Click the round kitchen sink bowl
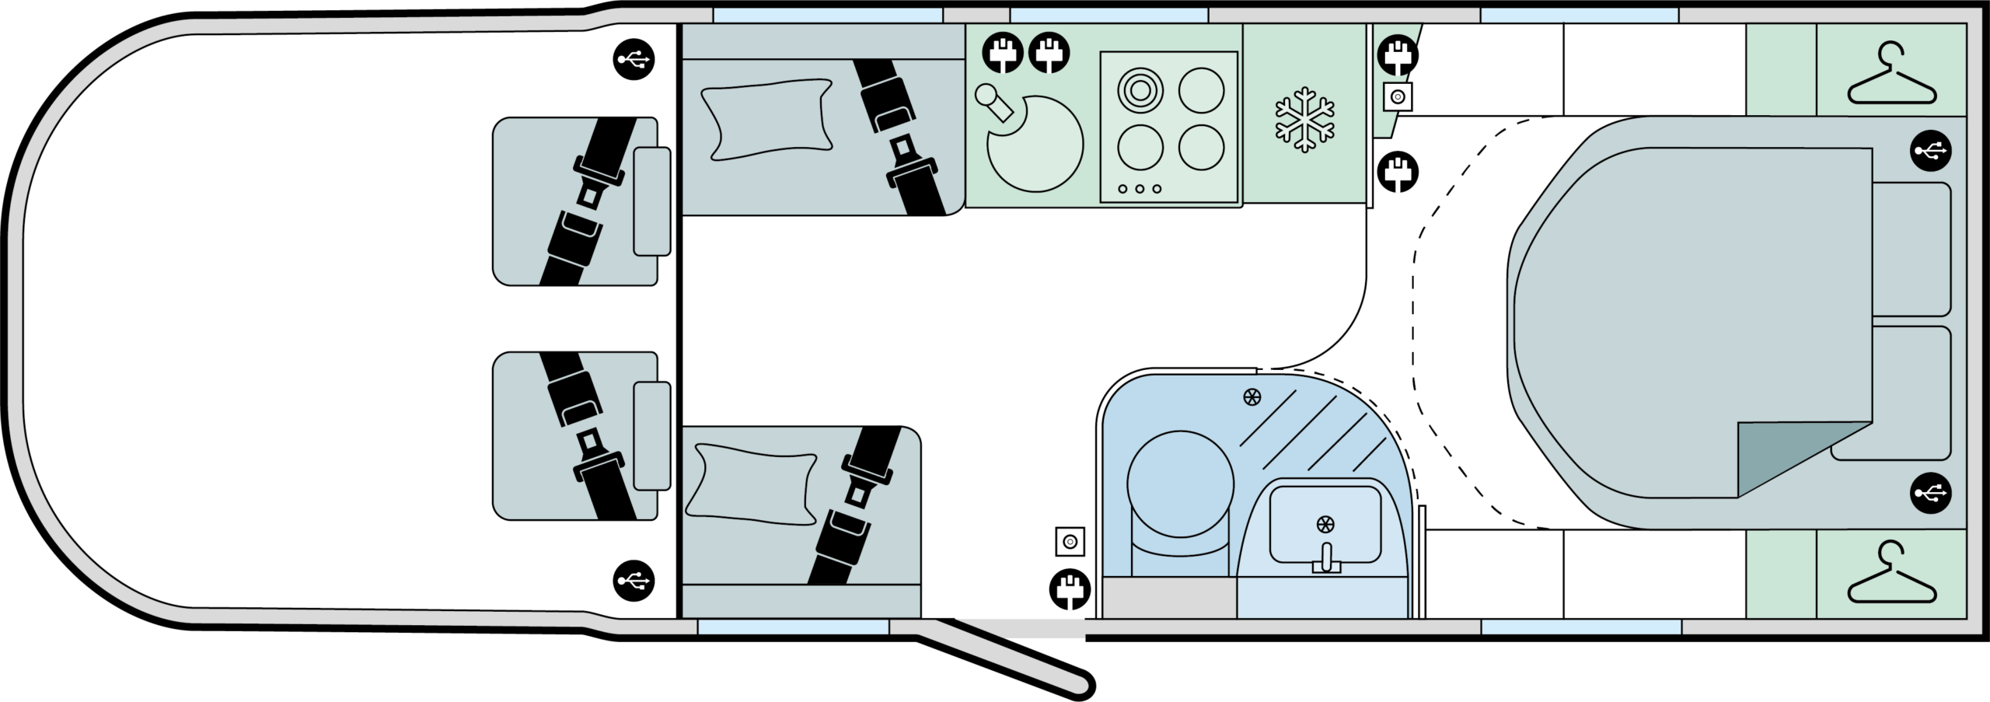pos(1035,144)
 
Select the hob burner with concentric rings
pos(1140,91)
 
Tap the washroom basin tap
pos(1326,557)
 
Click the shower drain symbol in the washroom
pos(1252,397)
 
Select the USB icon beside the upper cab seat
pos(634,59)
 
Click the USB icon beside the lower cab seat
pos(634,580)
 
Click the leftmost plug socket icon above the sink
pos(1003,53)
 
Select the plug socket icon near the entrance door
pos(1070,590)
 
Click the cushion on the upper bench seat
pos(766,119)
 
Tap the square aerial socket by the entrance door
pos(1070,541)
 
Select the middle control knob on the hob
pos(1140,189)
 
